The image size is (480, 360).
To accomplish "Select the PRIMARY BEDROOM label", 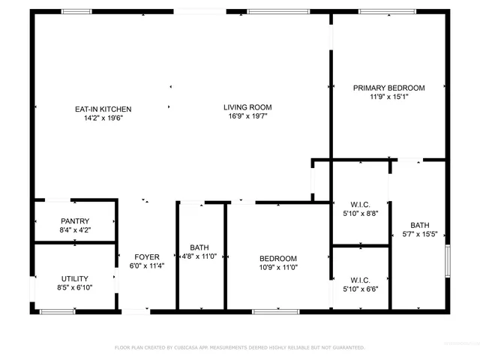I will pos(388,88).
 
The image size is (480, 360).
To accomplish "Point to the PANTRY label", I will pos(75,221).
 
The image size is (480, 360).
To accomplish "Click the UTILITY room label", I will pos(74,277).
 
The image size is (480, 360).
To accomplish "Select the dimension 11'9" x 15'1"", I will pos(388,97).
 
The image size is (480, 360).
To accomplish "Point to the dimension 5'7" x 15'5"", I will pos(419,235).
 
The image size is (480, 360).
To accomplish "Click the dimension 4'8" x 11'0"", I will pos(199,256).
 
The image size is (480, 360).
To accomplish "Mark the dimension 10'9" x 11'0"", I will pos(278,267).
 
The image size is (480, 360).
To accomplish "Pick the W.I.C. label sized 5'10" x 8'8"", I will pos(360,204).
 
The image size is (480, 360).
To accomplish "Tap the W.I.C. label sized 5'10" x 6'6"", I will pos(360,280).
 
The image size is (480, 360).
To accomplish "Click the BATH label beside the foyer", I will pos(199,247).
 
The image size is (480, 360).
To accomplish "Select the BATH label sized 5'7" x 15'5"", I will pos(419,226).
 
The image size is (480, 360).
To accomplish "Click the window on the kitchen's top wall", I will pos(76,11).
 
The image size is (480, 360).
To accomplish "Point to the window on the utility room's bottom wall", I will pos(57,310).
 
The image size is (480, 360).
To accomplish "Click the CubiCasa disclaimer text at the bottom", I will pos(239,348).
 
